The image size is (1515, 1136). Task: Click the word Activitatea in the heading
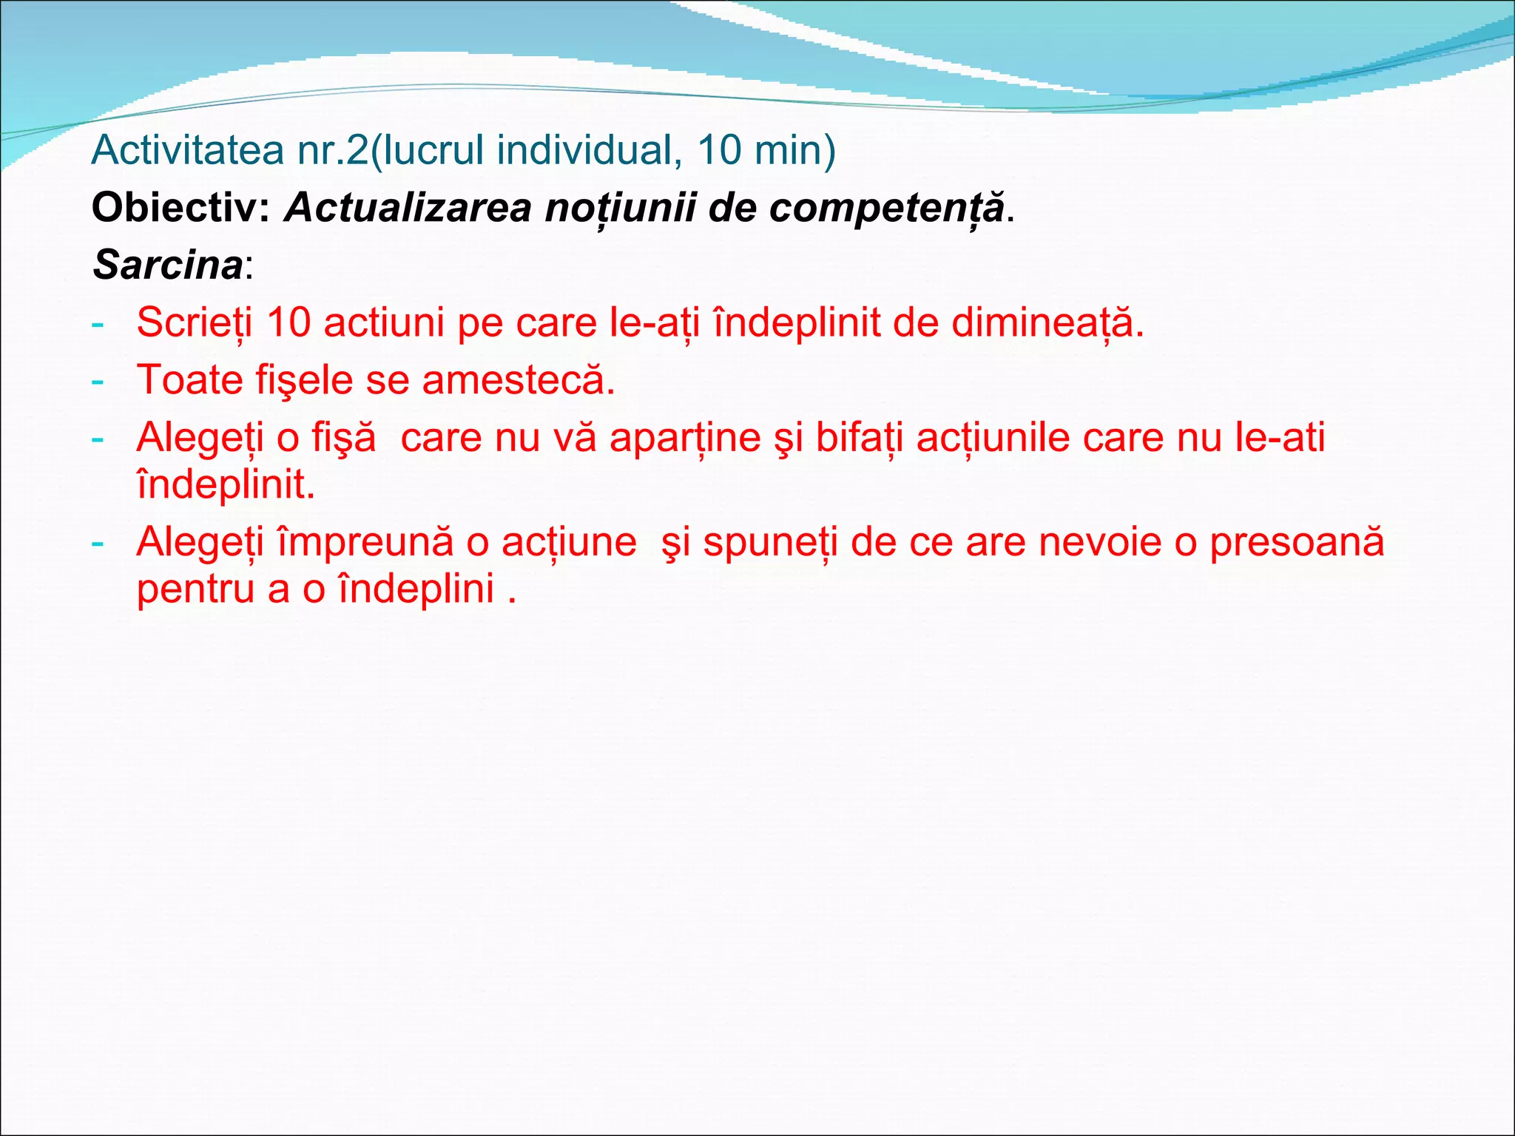188,150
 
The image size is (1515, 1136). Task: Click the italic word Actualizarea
408,207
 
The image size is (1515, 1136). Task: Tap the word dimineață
1047,322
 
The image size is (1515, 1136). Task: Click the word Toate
190,380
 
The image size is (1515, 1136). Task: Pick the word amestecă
518,380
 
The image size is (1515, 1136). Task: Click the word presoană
1296,541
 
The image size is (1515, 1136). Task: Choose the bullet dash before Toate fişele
97,382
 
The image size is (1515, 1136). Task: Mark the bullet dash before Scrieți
97,324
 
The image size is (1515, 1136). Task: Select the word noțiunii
621,207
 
